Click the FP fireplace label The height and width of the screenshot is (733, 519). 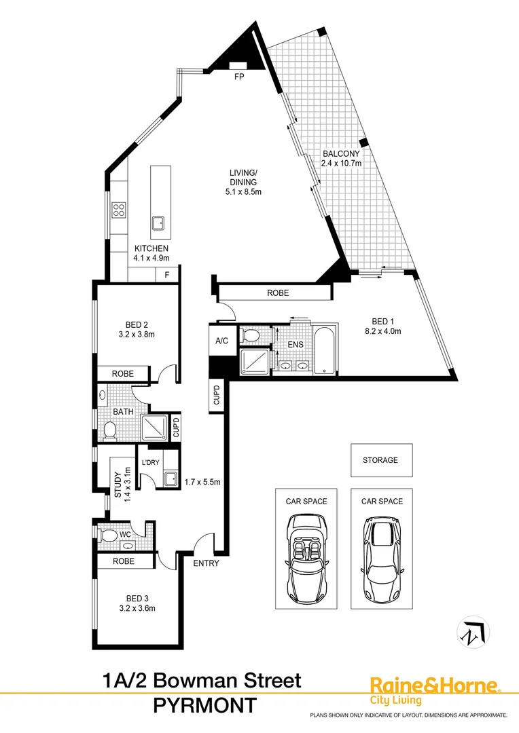point(238,77)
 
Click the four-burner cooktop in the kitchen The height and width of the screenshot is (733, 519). point(119,210)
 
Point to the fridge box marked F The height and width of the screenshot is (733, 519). point(167,275)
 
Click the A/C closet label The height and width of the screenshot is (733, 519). point(221,341)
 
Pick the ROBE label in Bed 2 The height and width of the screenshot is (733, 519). point(123,374)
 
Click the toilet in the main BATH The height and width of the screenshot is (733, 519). point(110,430)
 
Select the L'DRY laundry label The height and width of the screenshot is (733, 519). point(149,463)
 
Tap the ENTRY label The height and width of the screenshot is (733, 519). point(206,563)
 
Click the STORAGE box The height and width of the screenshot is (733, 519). point(380,460)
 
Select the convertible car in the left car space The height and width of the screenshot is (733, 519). point(306,554)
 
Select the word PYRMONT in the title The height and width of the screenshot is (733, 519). point(205,706)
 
